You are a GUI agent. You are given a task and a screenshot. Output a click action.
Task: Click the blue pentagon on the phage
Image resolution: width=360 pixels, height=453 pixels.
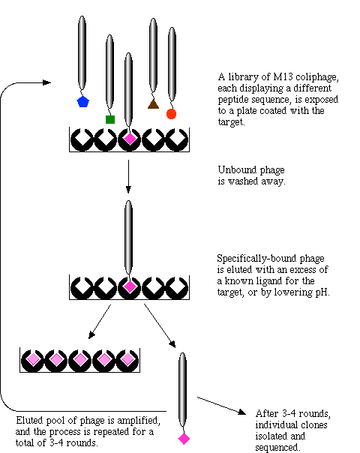click(83, 101)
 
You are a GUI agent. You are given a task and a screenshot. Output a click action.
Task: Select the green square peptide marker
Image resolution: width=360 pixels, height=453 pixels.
click(110, 119)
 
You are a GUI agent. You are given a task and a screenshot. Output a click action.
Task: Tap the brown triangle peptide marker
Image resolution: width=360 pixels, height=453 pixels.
click(153, 103)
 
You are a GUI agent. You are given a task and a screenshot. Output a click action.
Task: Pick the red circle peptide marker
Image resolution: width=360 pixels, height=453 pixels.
click(171, 114)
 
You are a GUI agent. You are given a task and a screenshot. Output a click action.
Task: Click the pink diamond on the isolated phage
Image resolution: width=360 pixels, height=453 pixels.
click(184, 439)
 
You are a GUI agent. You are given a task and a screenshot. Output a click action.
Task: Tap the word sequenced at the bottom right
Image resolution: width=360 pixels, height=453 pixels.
click(277, 448)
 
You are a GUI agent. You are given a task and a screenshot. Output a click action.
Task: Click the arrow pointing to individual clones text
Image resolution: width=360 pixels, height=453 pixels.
click(221, 406)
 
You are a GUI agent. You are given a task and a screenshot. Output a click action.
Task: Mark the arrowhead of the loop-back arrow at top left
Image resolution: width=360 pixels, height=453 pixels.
click(47, 82)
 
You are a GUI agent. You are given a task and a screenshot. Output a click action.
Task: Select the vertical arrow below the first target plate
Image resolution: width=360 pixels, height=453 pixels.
click(128, 176)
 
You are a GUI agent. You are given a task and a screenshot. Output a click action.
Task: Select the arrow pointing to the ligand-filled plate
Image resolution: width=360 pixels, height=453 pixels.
click(100, 321)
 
